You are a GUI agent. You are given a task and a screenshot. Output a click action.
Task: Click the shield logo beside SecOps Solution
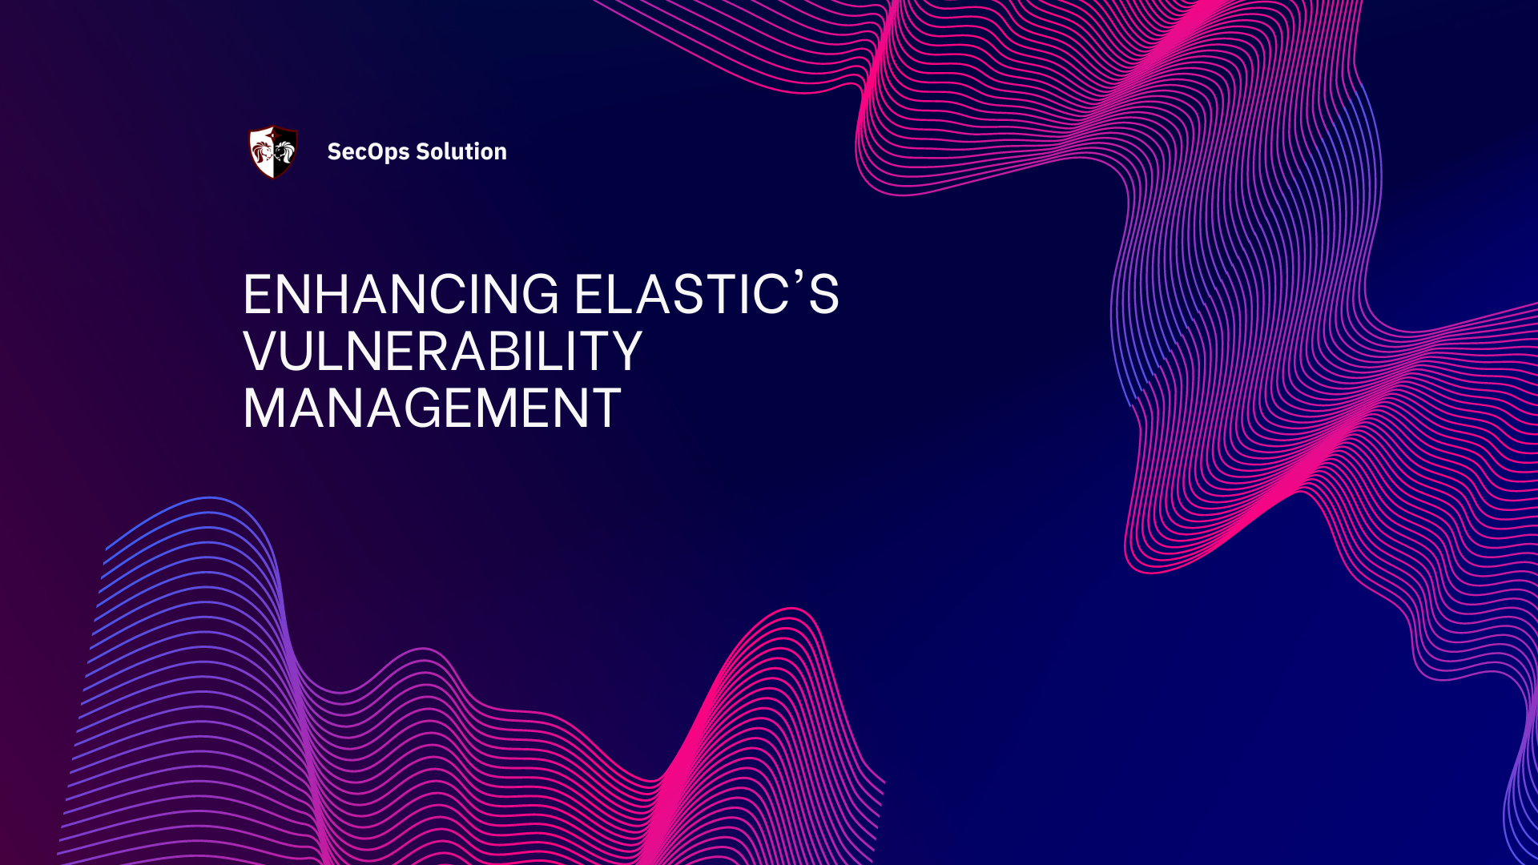point(273,151)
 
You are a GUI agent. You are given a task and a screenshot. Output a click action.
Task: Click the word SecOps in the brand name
point(368,151)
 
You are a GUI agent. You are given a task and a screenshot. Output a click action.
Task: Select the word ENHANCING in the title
point(401,295)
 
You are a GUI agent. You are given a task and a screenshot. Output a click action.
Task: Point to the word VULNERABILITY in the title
point(442,352)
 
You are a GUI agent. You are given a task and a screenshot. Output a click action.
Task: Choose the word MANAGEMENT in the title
point(432,408)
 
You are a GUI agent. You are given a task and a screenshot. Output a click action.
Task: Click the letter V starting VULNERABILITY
point(260,352)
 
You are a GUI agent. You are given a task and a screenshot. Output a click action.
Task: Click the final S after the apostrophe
point(823,295)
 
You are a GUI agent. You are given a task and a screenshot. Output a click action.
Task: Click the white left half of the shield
point(262,151)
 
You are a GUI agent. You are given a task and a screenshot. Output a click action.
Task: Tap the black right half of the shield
point(285,151)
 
